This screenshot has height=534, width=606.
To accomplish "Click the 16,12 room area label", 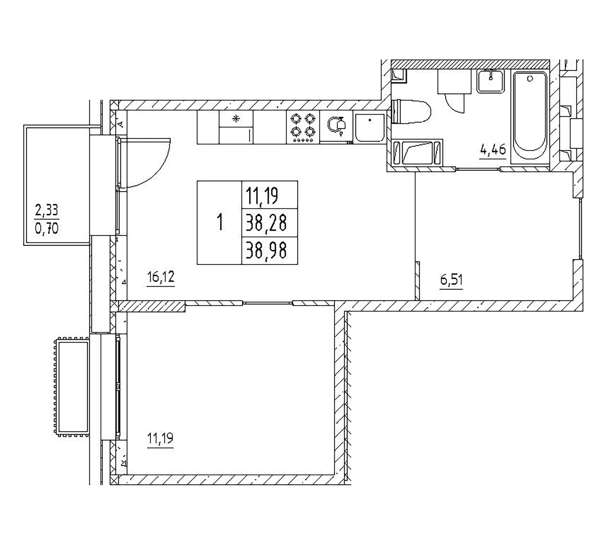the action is pos(161,278).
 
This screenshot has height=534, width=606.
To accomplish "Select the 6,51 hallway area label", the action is pos(452,280).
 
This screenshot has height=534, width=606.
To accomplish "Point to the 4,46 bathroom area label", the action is pos(493,149).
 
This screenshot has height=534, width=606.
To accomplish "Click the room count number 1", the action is pos(220,222).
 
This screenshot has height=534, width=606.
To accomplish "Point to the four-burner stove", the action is pos(303,127).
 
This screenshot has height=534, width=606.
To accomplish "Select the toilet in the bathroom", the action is pos(411,111).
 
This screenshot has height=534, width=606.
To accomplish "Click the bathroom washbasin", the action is pos(490,81).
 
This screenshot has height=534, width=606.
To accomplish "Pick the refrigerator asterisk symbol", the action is pos(236,119).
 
